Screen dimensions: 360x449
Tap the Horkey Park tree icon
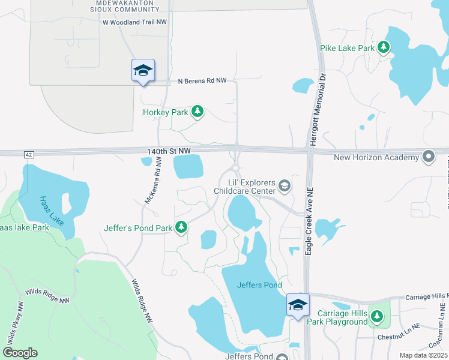[x=197, y=112]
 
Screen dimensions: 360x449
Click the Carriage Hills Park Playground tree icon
[x=376, y=316]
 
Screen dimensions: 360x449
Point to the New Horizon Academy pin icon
[x=428, y=157]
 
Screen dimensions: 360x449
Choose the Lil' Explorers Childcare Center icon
[x=284, y=186]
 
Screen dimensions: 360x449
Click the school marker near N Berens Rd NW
[x=143, y=71]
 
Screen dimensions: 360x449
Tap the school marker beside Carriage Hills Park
[x=298, y=305]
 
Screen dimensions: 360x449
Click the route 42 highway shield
[x=28, y=154]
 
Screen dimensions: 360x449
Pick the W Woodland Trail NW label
[x=135, y=22]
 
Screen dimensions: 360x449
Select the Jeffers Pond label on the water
[x=259, y=285]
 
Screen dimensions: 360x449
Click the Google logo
[x=20, y=352]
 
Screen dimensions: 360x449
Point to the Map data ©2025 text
[x=423, y=355]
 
